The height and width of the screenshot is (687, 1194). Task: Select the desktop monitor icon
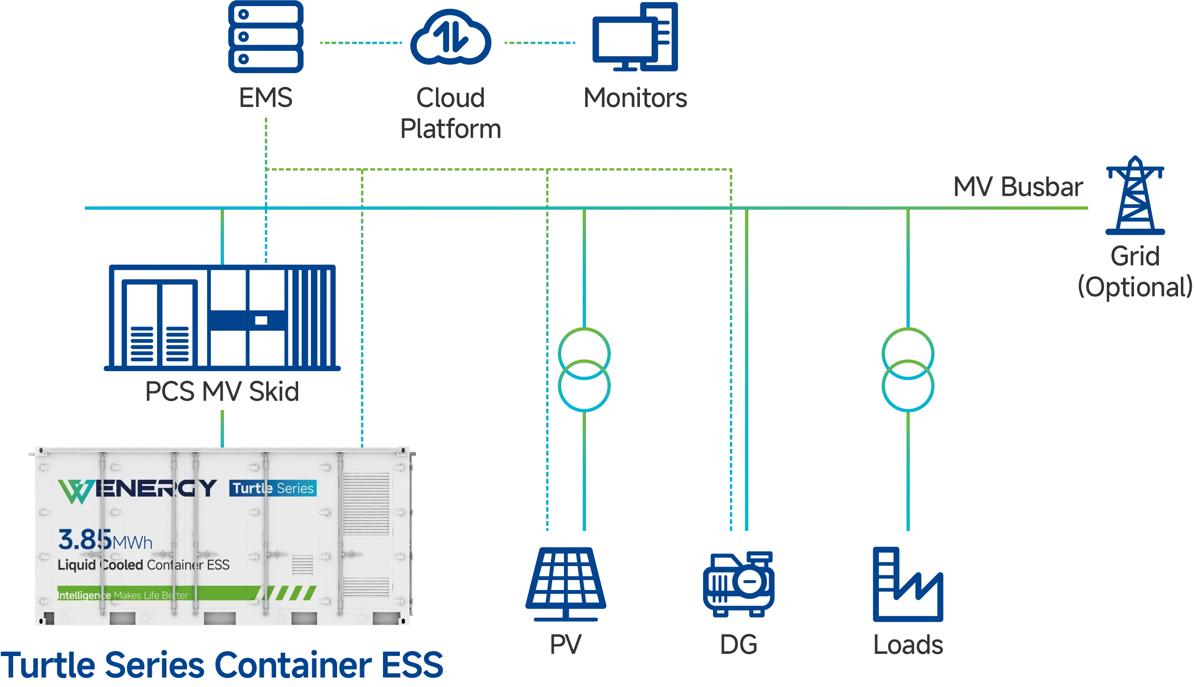click(635, 38)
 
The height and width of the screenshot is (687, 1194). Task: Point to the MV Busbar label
click(1017, 188)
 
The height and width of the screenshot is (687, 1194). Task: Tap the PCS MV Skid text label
click(222, 391)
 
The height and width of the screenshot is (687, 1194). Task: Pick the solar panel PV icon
click(566, 583)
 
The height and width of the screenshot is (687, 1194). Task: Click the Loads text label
click(909, 645)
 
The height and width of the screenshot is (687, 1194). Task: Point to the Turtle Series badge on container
click(273, 488)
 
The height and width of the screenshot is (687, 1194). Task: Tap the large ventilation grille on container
click(366, 504)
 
